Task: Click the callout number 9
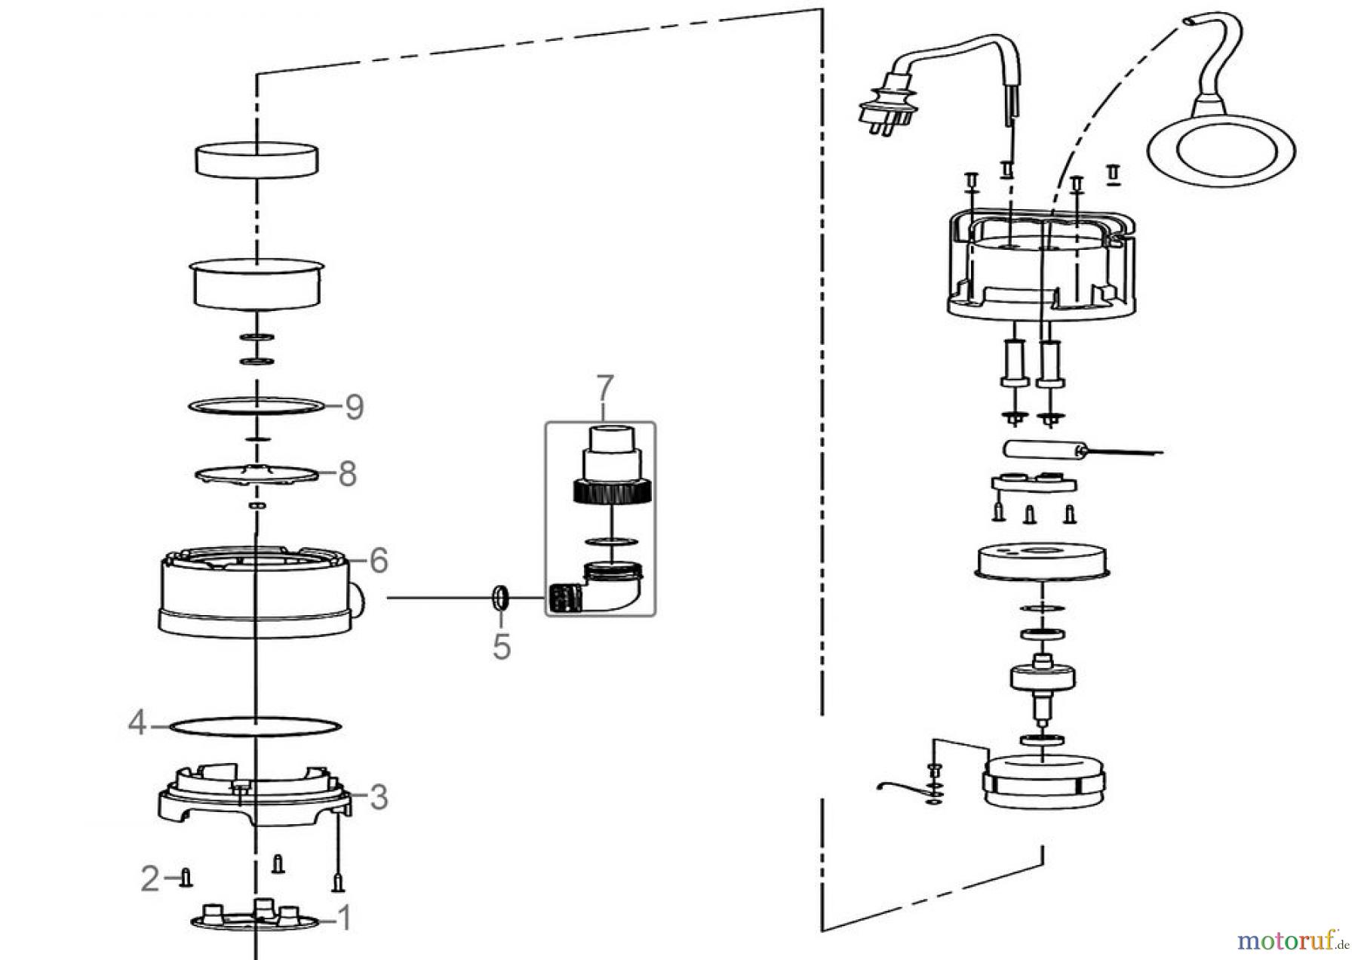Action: tap(354, 408)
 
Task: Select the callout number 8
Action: tap(347, 475)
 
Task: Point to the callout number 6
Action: tap(378, 561)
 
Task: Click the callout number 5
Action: tap(502, 647)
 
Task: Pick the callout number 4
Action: tap(137, 725)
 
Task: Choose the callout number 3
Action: tap(378, 797)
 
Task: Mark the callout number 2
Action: tap(150, 878)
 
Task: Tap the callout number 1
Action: tap(343, 919)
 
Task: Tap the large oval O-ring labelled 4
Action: tap(256, 727)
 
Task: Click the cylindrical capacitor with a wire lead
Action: tap(1041, 451)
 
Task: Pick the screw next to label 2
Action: tap(186, 878)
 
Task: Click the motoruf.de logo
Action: tap(1291, 940)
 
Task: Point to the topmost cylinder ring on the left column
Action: tap(257, 160)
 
